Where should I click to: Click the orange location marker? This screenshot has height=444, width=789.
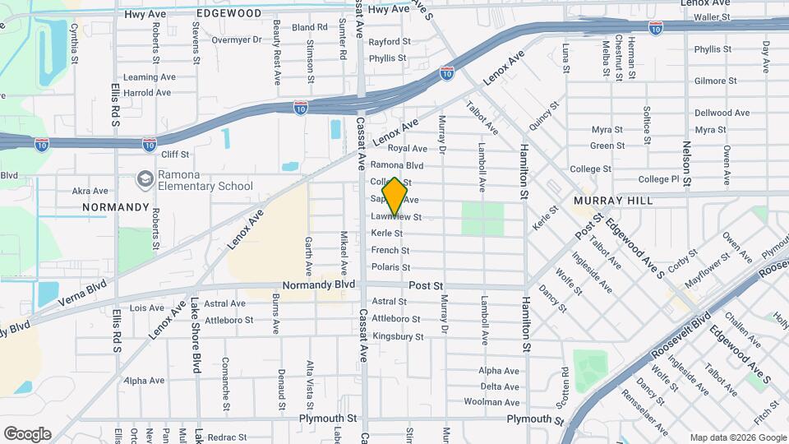pos(395,197)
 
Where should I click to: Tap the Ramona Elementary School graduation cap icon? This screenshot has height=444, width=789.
pos(145,179)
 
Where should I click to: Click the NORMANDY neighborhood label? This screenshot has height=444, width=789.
pos(116,207)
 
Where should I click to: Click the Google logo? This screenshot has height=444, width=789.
pos(27,433)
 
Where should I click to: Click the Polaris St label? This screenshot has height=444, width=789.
pos(390,267)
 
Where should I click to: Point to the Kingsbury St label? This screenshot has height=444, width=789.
pos(398,336)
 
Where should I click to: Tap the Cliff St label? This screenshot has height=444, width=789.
pos(175,154)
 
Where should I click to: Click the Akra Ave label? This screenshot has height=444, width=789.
pos(90,191)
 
